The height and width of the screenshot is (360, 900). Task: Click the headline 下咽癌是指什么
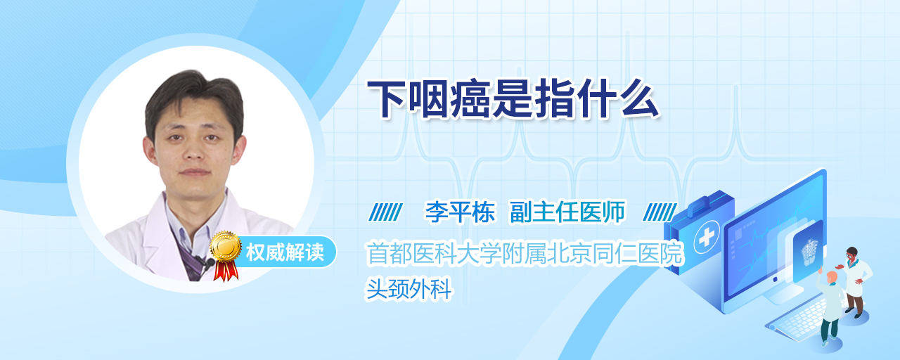[x=513, y=98]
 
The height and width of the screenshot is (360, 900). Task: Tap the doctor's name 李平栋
[x=460, y=212]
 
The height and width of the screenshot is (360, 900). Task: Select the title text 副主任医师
[x=567, y=212]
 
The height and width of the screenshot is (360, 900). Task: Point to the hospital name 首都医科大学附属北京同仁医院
[x=525, y=253]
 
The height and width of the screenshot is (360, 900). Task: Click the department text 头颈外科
[x=409, y=288]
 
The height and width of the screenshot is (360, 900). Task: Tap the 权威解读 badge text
[x=285, y=252]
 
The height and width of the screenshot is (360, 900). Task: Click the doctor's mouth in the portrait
[x=195, y=172]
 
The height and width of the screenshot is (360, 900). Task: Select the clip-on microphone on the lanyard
[x=206, y=262]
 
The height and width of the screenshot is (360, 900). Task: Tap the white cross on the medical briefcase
[x=707, y=237]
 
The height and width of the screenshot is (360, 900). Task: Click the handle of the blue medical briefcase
[x=708, y=202]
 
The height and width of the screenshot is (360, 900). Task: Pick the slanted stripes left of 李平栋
[x=385, y=212]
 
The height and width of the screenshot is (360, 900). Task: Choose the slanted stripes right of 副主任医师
[x=660, y=212]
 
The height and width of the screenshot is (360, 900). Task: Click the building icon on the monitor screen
[x=809, y=252]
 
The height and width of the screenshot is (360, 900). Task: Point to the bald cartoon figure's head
[x=832, y=277]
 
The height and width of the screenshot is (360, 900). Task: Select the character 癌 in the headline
[x=471, y=99]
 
